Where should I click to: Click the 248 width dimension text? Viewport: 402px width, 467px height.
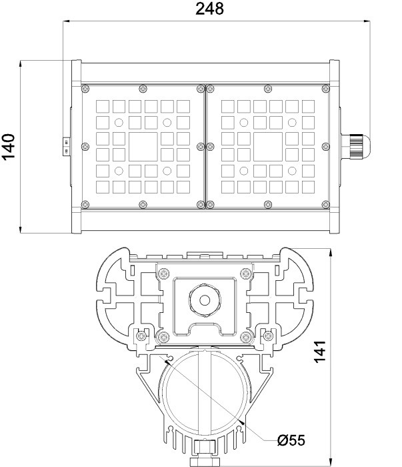pyautogui.click(x=209, y=9)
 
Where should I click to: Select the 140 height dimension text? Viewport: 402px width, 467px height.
pyautogui.click(x=9, y=147)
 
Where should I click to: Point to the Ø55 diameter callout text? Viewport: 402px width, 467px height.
pyautogui.click(x=291, y=440)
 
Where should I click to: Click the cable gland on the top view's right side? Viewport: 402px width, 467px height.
pyautogui.click(x=353, y=145)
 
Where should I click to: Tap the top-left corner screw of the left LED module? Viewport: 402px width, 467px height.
pyautogui.click(x=84, y=88)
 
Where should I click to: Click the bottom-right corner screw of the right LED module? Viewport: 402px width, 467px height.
pyautogui.click(x=325, y=203)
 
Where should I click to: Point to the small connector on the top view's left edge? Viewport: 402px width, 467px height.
pyautogui.click(x=67, y=145)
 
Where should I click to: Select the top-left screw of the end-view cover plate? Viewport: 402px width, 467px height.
pyautogui.click(x=164, y=272)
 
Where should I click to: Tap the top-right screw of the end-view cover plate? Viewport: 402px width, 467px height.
pyautogui.click(x=246, y=272)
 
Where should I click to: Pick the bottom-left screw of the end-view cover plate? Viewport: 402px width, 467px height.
pyautogui.click(x=164, y=334)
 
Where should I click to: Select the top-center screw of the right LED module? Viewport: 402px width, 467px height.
pyautogui.click(x=267, y=88)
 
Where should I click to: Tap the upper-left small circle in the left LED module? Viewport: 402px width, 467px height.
pyautogui.click(x=119, y=122)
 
